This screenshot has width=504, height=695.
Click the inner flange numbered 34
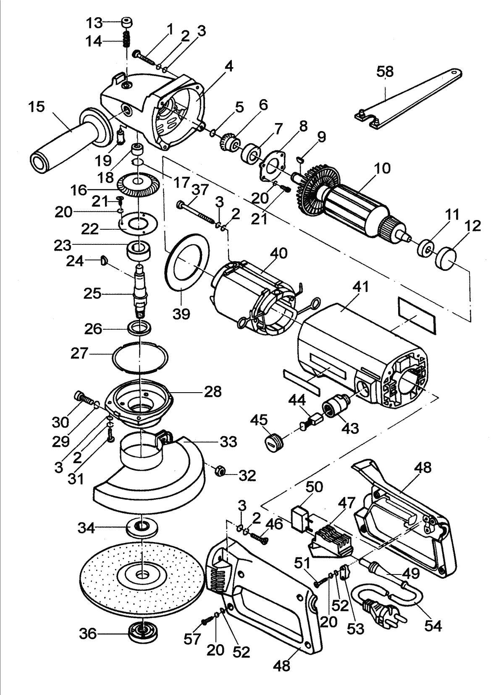142,527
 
